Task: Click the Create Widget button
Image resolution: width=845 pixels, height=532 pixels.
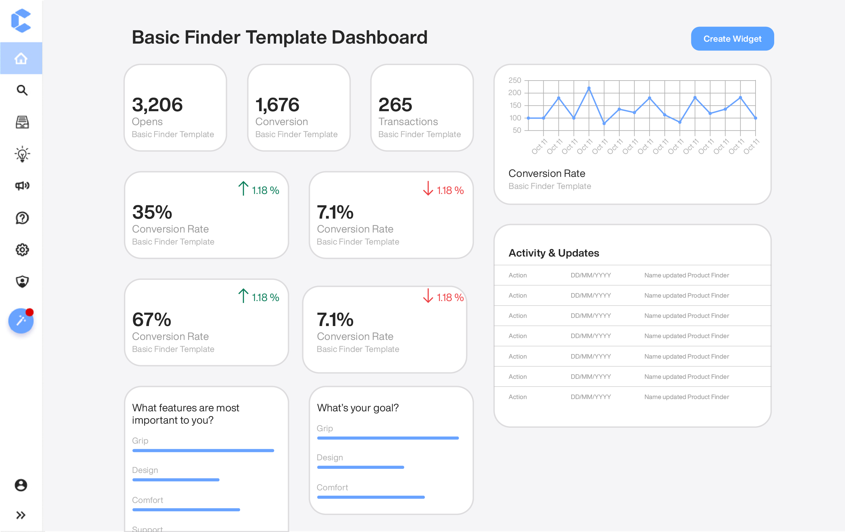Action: [732, 39]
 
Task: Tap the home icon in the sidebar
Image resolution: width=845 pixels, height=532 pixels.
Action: [21, 58]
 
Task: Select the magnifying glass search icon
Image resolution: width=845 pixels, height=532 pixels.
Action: [22, 90]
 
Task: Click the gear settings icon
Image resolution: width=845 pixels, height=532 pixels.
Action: [22, 250]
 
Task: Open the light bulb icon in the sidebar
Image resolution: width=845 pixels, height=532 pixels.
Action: [22, 154]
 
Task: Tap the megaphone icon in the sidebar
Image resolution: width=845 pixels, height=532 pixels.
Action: [22, 185]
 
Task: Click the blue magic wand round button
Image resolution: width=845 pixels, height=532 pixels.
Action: [21, 321]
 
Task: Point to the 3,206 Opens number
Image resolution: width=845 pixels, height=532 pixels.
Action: [157, 105]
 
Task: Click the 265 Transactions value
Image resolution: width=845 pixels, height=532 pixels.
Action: [395, 105]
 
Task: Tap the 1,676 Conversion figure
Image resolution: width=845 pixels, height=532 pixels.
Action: [277, 105]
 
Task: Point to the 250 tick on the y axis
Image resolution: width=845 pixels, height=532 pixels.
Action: [514, 80]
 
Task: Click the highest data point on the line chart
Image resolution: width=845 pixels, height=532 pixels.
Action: [589, 88]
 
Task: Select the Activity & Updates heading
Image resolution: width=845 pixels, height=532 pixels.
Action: [554, 253]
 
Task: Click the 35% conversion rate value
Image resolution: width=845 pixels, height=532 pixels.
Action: [152, 212]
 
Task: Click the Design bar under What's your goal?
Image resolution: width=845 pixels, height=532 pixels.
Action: [360, 467]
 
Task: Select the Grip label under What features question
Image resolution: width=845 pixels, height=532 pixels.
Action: [140, 440]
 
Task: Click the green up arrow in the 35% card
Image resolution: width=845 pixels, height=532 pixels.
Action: [243, 188]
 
